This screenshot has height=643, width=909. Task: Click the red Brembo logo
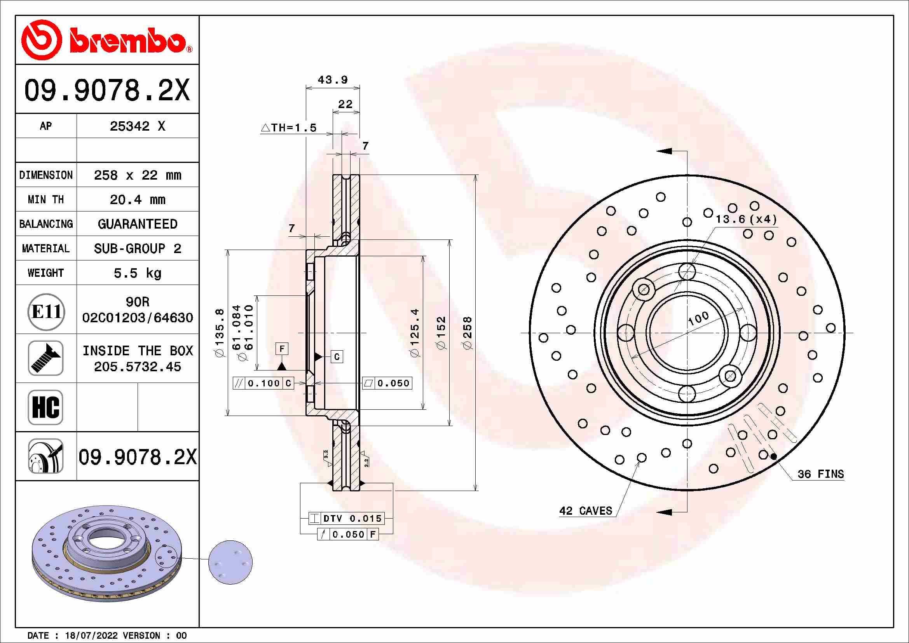107,40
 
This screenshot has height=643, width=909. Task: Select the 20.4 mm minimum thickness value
137,199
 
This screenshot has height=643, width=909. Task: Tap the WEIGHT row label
45,273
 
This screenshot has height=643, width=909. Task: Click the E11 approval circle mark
46,312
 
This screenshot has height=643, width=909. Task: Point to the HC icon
45,407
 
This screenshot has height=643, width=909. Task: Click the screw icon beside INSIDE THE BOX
45,358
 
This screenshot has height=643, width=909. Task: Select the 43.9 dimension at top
333,80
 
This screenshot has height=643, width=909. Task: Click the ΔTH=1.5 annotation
289,128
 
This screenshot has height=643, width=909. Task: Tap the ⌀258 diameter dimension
468,333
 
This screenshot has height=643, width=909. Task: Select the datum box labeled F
282,349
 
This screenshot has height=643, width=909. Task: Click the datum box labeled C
337,357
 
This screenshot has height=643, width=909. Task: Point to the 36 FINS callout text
820,474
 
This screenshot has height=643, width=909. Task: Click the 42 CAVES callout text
585,511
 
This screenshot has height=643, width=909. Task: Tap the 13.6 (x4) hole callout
746,219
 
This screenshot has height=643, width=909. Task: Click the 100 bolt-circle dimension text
698,318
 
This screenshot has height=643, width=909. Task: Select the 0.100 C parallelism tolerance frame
263,383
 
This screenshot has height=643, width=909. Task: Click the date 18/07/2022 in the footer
91,636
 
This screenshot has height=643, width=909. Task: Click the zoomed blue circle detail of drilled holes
230,562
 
